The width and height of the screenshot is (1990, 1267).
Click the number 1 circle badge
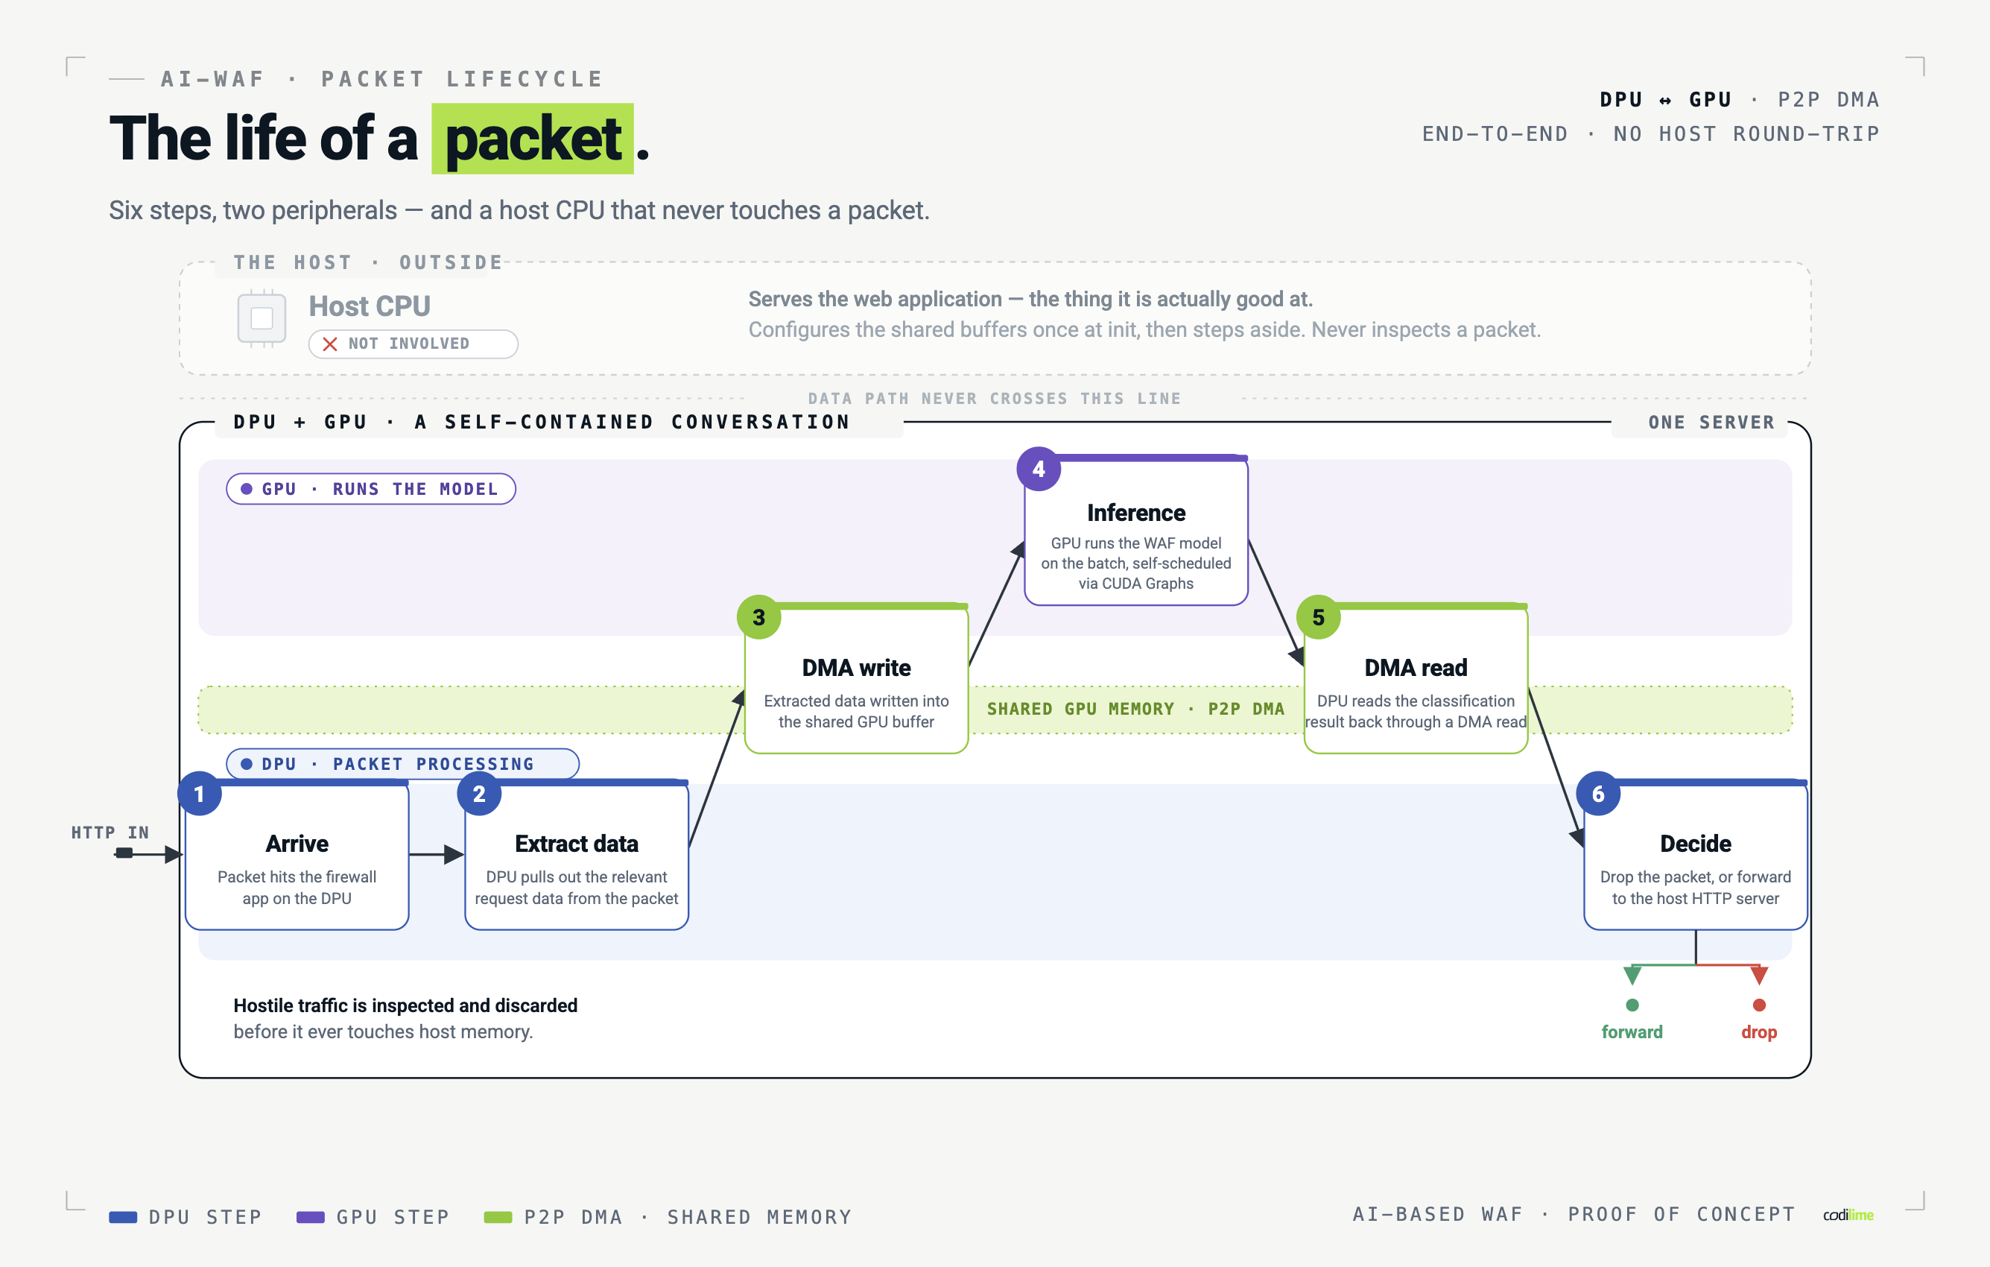click(x=199, y=794)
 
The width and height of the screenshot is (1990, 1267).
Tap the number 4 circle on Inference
click(x=1039, y=469)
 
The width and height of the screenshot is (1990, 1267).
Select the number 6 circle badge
click(x=1598, y=794)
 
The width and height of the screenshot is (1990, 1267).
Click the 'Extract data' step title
click(x=577, y=843)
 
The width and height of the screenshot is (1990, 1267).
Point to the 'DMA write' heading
click(x=856, y=667)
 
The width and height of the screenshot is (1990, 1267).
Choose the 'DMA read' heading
click(x=1416, y=667)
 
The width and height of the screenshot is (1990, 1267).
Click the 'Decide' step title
click(x=1696, y=843)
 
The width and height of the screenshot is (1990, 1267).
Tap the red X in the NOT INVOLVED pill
click(x=330, y=344)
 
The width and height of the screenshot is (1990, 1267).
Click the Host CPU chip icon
click(x=262, y=318)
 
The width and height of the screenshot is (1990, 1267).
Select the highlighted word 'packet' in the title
click(x=533, y=139)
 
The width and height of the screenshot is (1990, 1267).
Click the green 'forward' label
click(x=1632, y=1031)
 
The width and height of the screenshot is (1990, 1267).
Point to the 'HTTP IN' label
click(x=110, y=832)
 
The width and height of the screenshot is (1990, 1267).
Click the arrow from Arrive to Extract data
click(x=437, y=854)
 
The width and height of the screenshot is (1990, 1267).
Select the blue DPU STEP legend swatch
click(x=123, y=1216)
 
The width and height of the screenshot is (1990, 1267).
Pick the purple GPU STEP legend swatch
click(x=311, y=1216)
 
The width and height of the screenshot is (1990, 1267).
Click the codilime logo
click(x=1848, y=1215)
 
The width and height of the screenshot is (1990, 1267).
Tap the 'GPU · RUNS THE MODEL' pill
click(x=371, y=488)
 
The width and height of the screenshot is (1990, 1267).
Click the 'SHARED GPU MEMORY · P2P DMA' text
click(x=1135, y=709)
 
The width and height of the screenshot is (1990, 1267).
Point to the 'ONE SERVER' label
click(x=1711, y=423)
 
